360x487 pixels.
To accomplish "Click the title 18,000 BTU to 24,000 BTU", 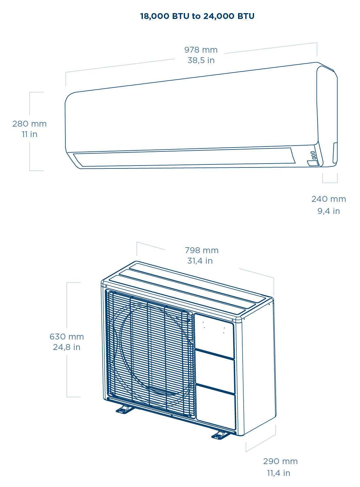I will (x=197, y=16).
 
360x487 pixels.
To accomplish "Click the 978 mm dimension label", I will (x=201, y=50).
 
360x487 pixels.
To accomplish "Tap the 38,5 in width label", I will (x=201, y=61).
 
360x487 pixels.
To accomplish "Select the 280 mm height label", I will (x=29, y=124).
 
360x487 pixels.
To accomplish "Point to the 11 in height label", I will (x=29, y=134).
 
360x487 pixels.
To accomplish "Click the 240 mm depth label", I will (x=328, y=199).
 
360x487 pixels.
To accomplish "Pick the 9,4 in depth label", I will (x=328, y=211).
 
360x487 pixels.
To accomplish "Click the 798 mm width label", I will (x=201, y=251).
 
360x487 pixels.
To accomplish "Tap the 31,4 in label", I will (x=200, y=261).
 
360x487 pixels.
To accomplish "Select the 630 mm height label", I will (x=67, y=337).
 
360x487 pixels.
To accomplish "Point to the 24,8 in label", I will (x=67, y=347).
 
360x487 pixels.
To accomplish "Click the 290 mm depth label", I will (x=280, y=461).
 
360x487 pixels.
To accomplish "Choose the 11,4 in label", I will (x=279, y=473).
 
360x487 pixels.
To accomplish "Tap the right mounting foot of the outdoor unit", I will (x=220, y=435).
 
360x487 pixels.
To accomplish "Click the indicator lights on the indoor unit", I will (x=313, y=155).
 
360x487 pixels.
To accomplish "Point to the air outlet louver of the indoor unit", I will (x=183, y=158).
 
